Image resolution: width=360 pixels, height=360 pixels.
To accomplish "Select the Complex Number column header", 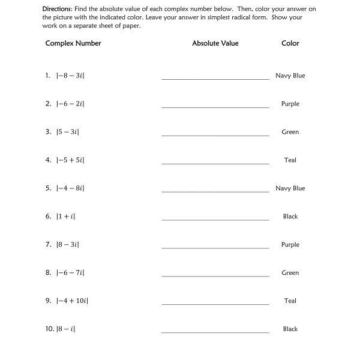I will tap(73, 43).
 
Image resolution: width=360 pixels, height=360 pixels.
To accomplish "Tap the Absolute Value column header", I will tap(215, 43).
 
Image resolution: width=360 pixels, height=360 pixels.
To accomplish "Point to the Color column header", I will tap(290, 43).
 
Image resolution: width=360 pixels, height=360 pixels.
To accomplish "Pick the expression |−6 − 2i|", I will tap(70, 104).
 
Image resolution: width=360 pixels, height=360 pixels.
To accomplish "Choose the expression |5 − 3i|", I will tap(68, 133).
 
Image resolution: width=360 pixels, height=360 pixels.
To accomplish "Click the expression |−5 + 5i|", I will tap(70, 161).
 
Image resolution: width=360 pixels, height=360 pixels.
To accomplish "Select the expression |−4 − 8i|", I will tap(70, 188).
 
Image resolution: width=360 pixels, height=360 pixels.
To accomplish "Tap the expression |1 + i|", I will tap(65, 217).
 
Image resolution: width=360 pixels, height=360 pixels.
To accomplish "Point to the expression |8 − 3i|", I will tap(68, 245).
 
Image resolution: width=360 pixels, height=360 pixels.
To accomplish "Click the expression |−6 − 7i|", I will tap(70, 273).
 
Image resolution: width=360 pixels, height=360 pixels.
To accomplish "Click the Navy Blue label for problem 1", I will tap(290, 76).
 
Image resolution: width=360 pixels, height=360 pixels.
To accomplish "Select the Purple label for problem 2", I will tap(290, 104).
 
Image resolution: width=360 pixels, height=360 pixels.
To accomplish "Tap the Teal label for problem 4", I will tap(290, 161).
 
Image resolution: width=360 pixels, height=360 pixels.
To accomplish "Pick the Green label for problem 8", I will tap(290, 273).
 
